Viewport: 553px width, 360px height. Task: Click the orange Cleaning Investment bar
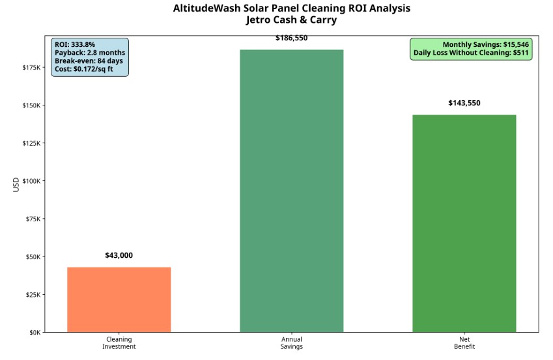pyautogui.click(x=119, y=299)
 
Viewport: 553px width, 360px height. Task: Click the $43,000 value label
pyautogui.click(x=119, y=255)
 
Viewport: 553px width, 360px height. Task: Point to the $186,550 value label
pyautogui.click(x=291, y=38)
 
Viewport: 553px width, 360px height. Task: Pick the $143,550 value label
pyautogui.click(x=464, y=103)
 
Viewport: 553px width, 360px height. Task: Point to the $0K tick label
pyautogui.click(x=34, y=332)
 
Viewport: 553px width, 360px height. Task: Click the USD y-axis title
pyautogui.click(x=16, y=184)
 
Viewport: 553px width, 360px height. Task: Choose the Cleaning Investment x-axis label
pyautogui.click(x=119, y=342)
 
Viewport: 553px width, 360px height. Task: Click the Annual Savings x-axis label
pyautogui.click(x=291, y=342)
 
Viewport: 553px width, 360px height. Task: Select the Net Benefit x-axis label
pyautogui.click(x=464, y=342)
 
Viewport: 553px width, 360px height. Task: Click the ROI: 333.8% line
pyautogui.click(x=75, y=44)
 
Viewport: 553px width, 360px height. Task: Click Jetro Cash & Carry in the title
pyautogui.click(x=291, y=20)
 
